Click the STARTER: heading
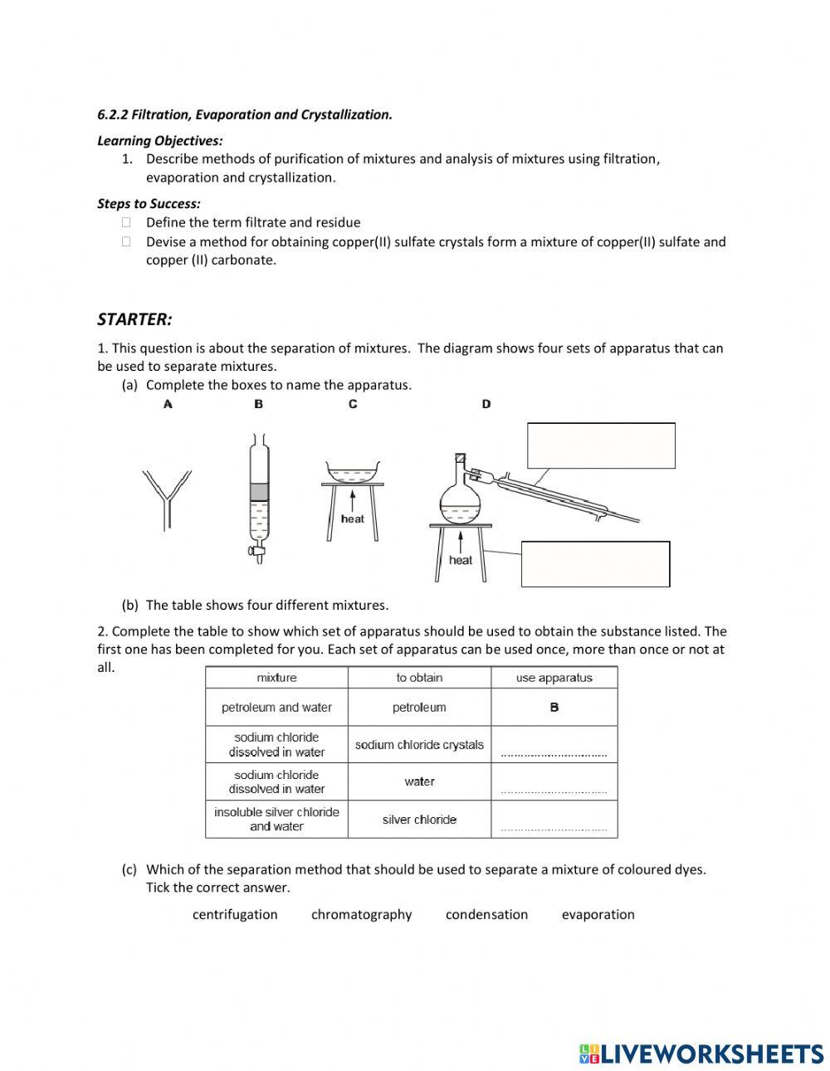134,319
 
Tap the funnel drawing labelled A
167,498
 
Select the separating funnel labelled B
259,498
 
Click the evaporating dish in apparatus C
353,472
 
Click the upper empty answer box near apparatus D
601,445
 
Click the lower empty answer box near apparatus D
595,564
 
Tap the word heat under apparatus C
353,518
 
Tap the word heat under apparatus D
460,560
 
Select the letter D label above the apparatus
486,404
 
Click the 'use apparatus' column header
554,678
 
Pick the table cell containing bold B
554,708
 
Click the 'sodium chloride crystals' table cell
419,745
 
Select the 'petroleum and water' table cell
276,708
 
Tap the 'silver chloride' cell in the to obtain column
419,820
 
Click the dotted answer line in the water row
554,791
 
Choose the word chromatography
361,914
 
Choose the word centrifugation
235,914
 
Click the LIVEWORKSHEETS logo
701,1054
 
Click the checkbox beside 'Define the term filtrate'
126,222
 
